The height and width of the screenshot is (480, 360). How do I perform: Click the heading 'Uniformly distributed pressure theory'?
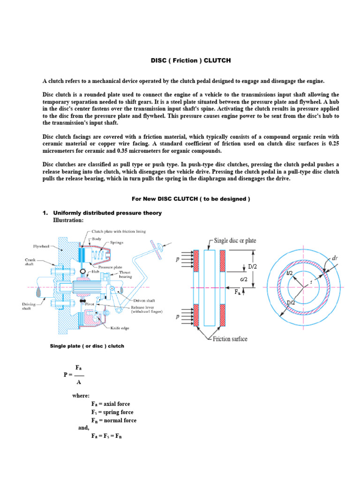(107, 213)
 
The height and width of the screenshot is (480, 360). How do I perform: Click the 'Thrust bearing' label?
(126, 274)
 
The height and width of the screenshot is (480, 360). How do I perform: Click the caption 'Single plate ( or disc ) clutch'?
(87, 346)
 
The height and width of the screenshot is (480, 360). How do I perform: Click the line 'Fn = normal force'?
(114, 420)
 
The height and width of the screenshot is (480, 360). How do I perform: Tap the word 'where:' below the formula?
(81, 396)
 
